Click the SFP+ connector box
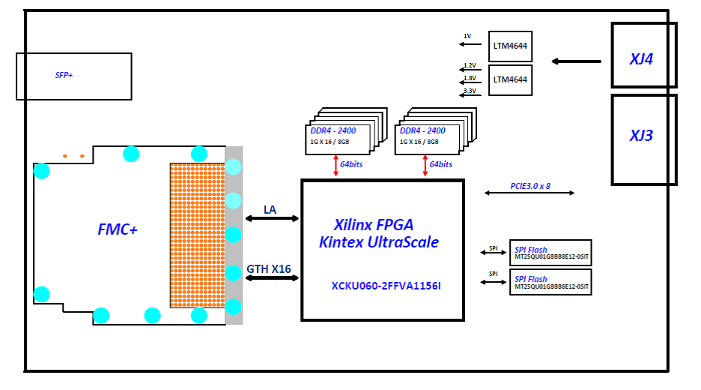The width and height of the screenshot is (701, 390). click(x=73, y=76)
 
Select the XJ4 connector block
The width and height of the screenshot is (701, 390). click(x=643, y=55)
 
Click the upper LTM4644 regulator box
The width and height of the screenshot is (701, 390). click(x=510, y=46)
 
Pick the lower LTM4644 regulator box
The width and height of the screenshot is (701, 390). click(x=510, y=79)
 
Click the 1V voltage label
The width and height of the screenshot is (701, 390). click(x=467, y=36)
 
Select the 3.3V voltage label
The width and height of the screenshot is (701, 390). click(x=470, y=91)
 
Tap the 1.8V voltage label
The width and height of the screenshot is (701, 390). click(x=470, y=78)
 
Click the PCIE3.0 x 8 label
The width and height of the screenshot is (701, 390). click(x=529, y=185)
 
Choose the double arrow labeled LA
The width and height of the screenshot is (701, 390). click(x=272, y=218)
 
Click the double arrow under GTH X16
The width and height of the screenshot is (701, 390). click(x=272, y=278)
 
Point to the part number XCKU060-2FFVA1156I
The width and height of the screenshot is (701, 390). click(x=386, y=286)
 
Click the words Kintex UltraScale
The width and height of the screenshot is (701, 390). click(x=379, y=242)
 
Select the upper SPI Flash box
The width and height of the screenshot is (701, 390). click(x=550, y=253)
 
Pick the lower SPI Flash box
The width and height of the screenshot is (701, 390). click(x=550, y=282)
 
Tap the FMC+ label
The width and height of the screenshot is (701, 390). click(x=118, y=230)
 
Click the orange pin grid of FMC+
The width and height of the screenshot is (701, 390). click(x=197, y=235)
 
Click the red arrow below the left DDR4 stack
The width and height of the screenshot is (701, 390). click(x=336, y=166)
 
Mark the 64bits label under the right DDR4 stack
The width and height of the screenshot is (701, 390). click(x=440, y=164)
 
